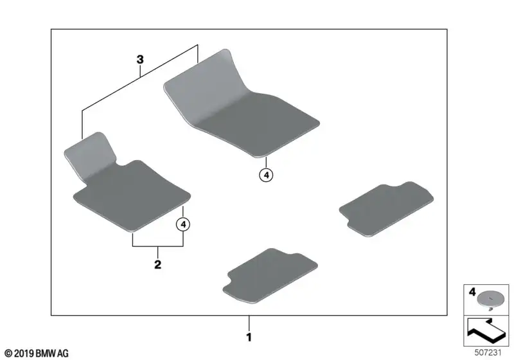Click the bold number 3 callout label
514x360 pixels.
[140, 60]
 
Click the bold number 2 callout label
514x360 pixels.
[157, 264]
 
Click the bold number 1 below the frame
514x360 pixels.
[249, 337]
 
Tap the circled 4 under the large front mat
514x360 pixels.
[266, 175]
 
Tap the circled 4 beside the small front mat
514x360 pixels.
[183, 224]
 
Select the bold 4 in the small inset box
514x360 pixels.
[472, 291]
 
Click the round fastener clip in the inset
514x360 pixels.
[489, 300]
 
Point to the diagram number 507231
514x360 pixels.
[488, 352]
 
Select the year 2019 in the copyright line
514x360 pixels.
[24, 354]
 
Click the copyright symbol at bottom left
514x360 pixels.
[8, 354]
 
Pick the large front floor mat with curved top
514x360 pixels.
[241, 104]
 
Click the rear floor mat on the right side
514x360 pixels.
[386, 208]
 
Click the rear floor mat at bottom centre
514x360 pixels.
[270, 275]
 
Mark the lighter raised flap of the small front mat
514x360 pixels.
[90, 154]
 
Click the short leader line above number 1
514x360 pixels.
[249, 323]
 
